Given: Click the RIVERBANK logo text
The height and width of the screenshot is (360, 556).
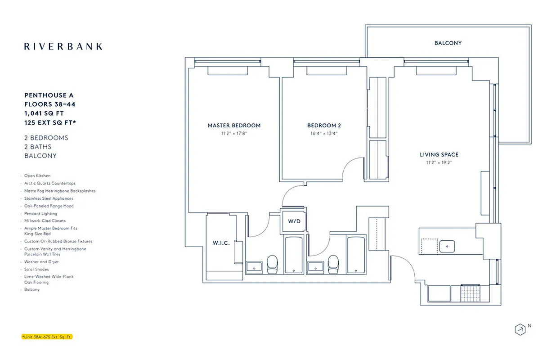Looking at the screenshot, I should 63,46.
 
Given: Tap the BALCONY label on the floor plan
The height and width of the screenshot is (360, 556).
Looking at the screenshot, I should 448,43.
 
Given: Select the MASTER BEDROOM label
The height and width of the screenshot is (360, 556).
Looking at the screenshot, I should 234,126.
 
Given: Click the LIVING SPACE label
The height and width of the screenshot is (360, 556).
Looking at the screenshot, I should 439,155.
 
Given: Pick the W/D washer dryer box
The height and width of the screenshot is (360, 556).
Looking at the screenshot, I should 294,221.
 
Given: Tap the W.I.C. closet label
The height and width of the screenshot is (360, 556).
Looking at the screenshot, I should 221,243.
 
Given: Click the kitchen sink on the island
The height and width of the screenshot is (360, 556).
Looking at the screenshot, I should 447,246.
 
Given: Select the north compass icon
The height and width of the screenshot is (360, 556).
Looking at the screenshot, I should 520,329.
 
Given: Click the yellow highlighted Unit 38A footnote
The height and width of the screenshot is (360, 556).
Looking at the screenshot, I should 47,337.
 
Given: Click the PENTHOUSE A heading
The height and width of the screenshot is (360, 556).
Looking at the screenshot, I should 49,95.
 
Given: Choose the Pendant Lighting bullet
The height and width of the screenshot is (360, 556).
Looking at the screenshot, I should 40,214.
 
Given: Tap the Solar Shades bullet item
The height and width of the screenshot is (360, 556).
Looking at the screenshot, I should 36,269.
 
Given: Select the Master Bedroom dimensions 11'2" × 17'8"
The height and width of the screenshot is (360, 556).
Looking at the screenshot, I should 234,133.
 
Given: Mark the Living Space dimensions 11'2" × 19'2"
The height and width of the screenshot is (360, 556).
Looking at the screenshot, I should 439,162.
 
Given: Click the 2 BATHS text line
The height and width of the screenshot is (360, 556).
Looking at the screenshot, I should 38,147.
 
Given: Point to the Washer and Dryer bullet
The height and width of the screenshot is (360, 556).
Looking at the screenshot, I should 41,262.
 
